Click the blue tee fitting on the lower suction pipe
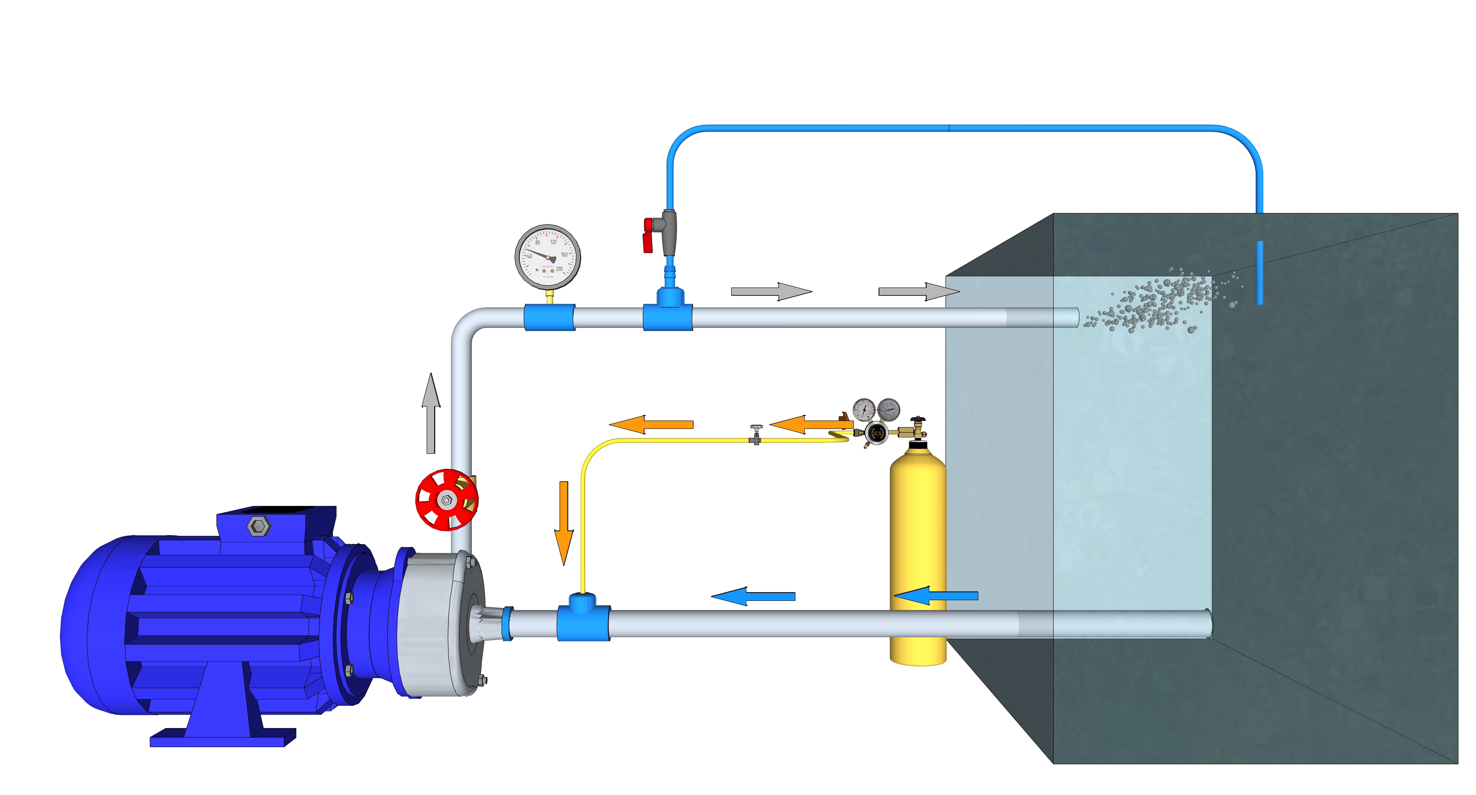point(583,619)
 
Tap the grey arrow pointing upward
point(431,412)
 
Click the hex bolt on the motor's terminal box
point(259,526)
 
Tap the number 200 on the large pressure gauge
point(559,269)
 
